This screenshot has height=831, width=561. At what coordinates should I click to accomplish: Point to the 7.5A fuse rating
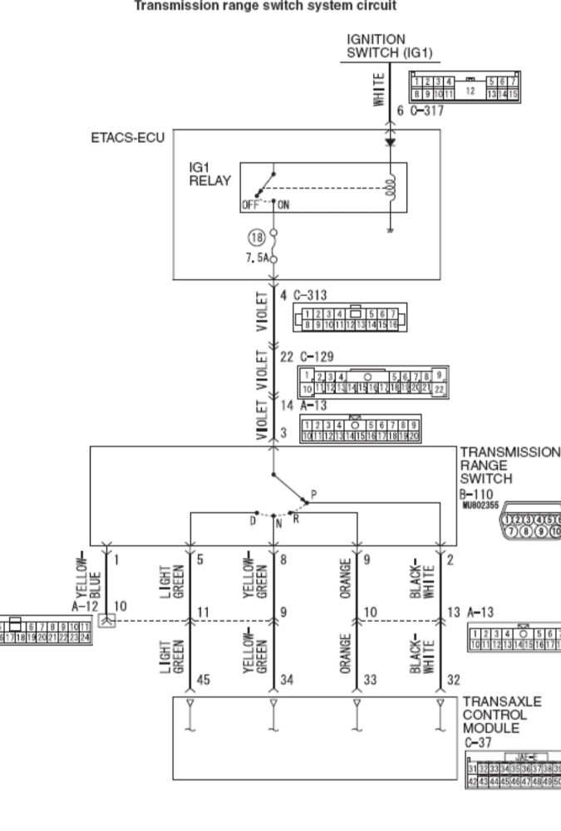pyautogui.click(x=256, y=258)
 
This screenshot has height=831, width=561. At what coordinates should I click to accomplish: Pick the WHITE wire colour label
pyautogui.click(x=379, y=88)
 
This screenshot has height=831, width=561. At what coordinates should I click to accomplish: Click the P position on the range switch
pyautogui.click(x=312, y=494)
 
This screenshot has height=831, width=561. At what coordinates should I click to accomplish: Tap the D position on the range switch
pyautogui.click(x=253, y=520)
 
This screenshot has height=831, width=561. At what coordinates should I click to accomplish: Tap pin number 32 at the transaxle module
pyautogui.click(x=453, y=679)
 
